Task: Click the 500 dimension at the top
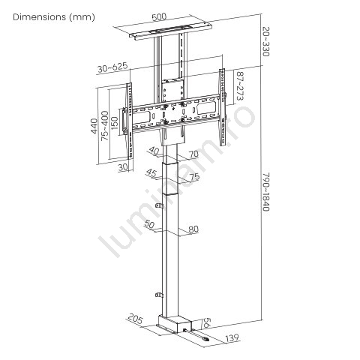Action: (x=159, y=16)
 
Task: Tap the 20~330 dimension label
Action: (x=266, y=41)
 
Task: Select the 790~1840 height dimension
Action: (x=266, y=191)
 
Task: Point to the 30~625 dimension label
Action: (x=112, y=67)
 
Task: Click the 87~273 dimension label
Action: (x=240, y=86)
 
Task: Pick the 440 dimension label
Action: (x=94, y=126)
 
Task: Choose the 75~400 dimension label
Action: (x=105, y=125)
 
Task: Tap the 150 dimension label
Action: (x=114, y=123)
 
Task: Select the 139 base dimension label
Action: (x=232, y=338)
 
